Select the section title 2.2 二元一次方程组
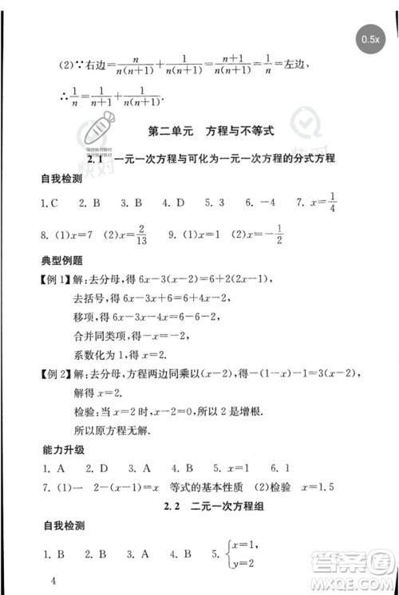pyautogui.click(x=212, y=506)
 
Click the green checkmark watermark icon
pyautogui.click(x=304, y=125)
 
